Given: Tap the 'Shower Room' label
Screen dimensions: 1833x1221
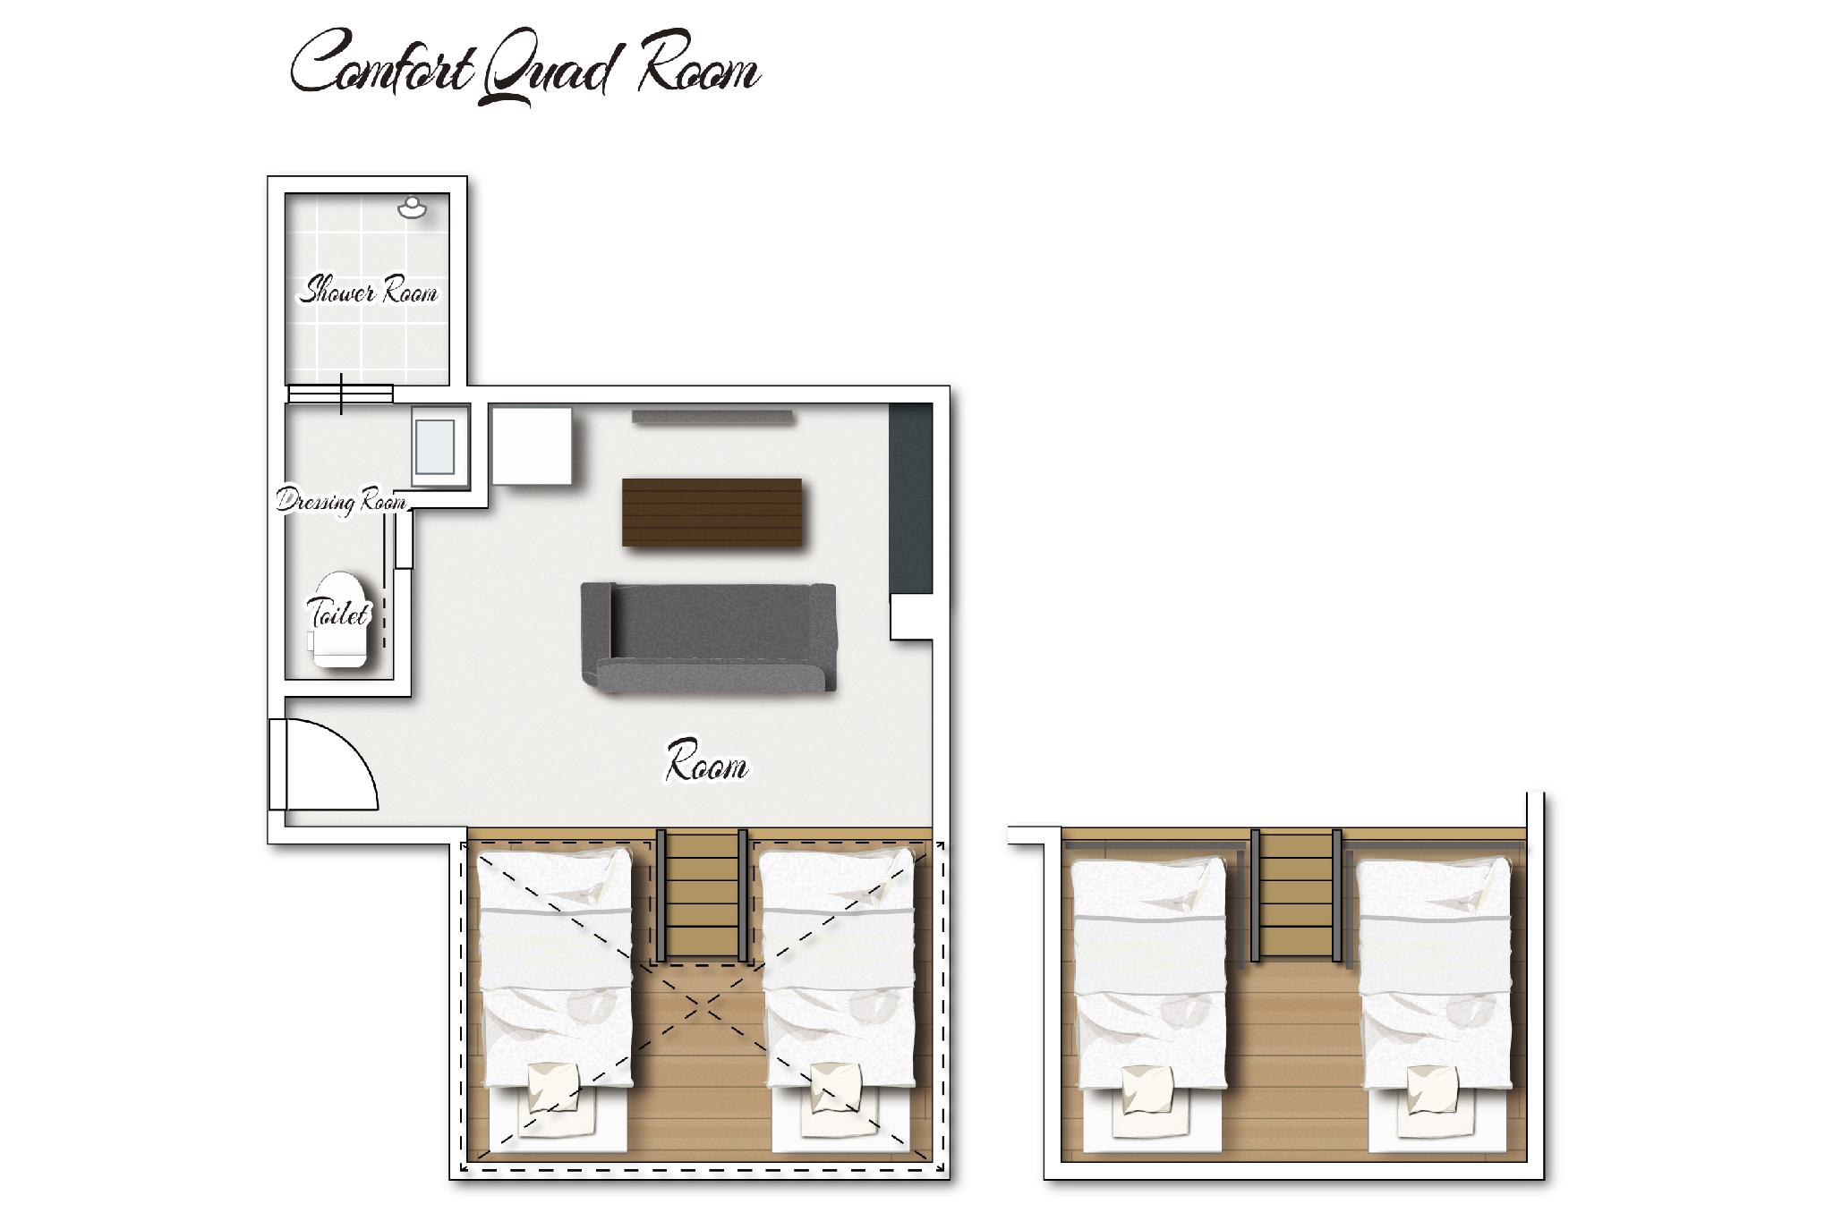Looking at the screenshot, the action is click(368, 292).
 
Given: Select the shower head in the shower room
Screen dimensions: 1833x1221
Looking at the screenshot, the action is click(412, 208).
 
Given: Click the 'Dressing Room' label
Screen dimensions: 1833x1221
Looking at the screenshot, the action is click(341, 501).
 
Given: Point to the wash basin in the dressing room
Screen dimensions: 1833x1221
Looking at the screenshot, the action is click(440, 446).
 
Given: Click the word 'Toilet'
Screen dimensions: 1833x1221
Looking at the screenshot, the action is click(338, 614).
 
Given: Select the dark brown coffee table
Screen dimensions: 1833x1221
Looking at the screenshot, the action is click(712, 512).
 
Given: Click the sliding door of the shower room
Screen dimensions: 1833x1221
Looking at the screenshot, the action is click(340, 394).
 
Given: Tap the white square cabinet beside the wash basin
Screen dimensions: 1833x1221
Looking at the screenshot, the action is click(533, 446).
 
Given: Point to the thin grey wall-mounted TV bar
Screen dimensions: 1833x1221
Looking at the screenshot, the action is click(712, 416).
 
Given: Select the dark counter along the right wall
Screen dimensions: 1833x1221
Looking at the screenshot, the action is click(910, 498).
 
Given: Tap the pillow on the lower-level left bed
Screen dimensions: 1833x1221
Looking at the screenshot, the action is click(552, 1088).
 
